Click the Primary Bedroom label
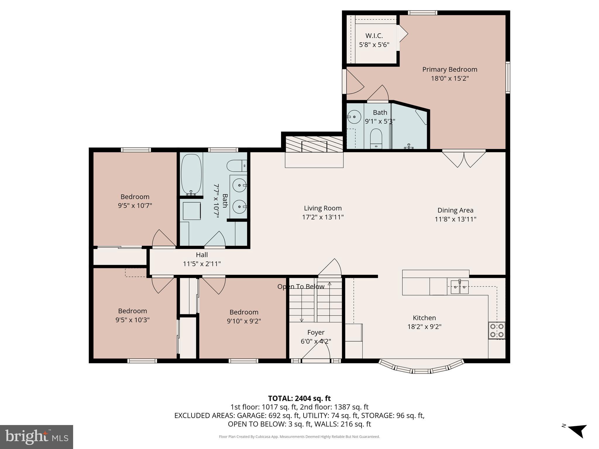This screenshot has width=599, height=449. (x=450, y=70)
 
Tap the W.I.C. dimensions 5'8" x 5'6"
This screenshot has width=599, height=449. (x=374, y=45)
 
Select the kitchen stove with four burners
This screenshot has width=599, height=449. (x=497, y=330)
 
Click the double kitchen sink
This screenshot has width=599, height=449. (x=459, y=287)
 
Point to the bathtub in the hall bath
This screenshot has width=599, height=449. (x=191, y=175)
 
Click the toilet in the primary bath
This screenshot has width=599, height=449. (x=376, y=139)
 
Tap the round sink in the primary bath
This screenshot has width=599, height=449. (x=354, y=117)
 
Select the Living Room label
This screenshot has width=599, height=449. (x=323, y=208)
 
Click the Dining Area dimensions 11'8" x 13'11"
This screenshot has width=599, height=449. (x=455, y=219)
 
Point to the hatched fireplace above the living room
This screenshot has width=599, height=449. (x=314, y=144)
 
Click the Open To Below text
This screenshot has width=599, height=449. (x=301, y=286)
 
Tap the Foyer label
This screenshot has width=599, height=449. (x=316, y=332)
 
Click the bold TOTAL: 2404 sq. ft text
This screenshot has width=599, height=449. (x=299, y=398)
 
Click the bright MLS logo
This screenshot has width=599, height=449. (x=37, y=437)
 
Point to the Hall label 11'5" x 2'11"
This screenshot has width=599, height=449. (x=202, y=259)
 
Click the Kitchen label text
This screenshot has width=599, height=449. (x=424, y=318)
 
